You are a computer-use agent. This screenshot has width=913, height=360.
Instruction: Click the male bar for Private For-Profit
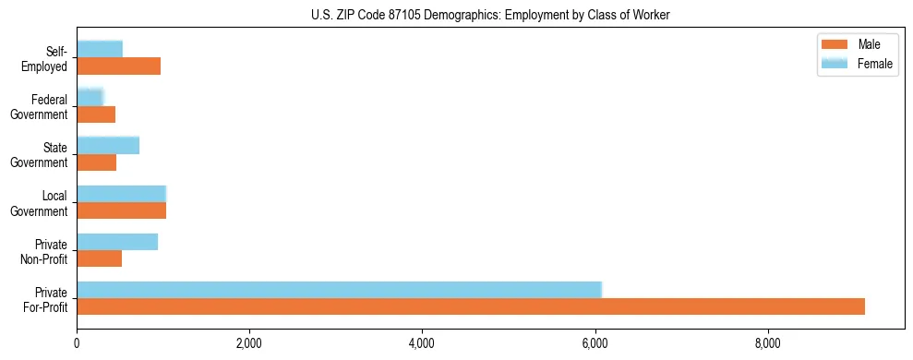(x=471, y=306)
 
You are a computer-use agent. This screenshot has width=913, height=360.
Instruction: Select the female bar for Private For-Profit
(x=339, y=289)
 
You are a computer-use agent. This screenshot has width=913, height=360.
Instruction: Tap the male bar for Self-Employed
(x=118, y=66)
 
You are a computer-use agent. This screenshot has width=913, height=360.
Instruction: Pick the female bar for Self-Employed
(x=100, y=49)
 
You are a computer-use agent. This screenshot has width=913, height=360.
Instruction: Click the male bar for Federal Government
(x=96, y=114)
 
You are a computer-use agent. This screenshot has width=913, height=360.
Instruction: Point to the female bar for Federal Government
(x=90, y=97)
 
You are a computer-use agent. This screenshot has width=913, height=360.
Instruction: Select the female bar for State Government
(x=108, y=145)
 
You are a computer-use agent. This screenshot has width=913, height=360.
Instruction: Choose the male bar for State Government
(x=96, y=162)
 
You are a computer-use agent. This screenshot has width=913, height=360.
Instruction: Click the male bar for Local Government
(x=121, y=210)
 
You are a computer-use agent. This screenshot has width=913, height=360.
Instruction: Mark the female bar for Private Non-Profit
(x=117, y=241)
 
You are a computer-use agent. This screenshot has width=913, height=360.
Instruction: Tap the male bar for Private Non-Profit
(x=99, y=258)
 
